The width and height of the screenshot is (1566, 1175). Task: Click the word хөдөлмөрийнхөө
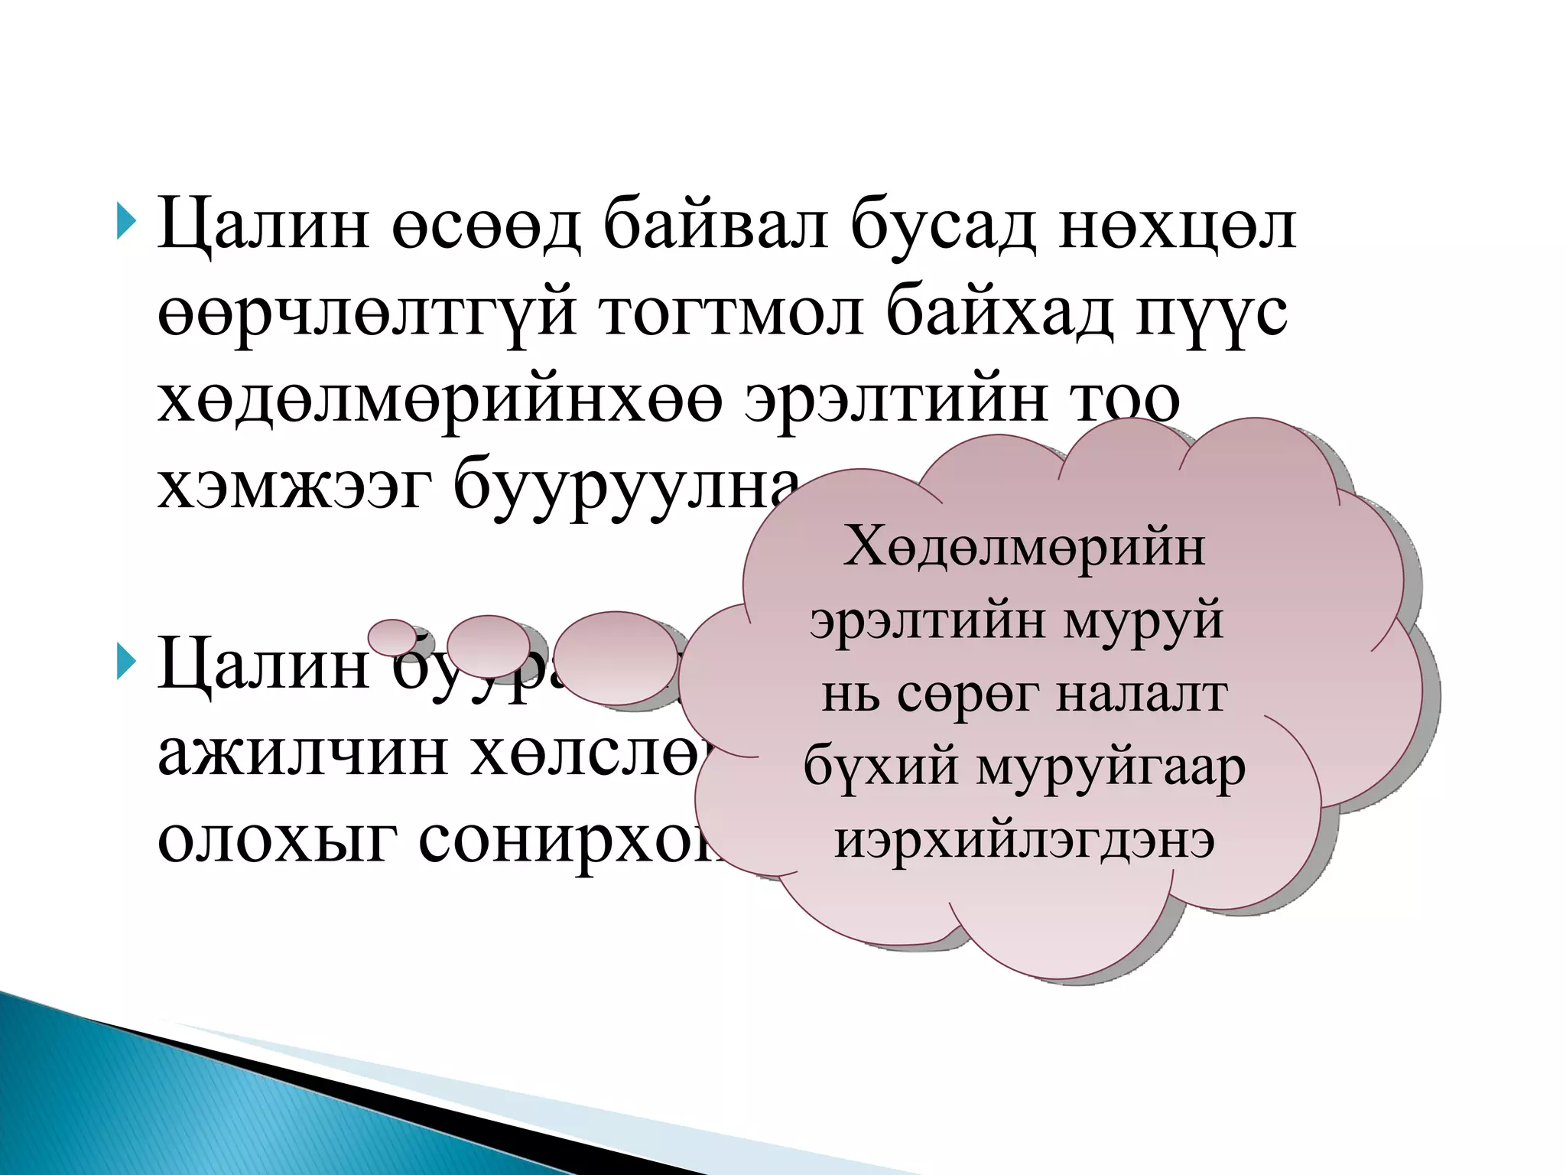click(x=439, y=401)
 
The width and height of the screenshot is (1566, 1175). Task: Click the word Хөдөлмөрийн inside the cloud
click(x=1024, y=548)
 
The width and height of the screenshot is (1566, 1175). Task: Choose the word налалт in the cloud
click(x=1142, y=695)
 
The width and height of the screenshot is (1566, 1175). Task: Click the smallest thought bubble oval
click(x=392, y=636)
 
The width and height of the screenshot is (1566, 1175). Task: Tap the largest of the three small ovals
click(x=616, y=658)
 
